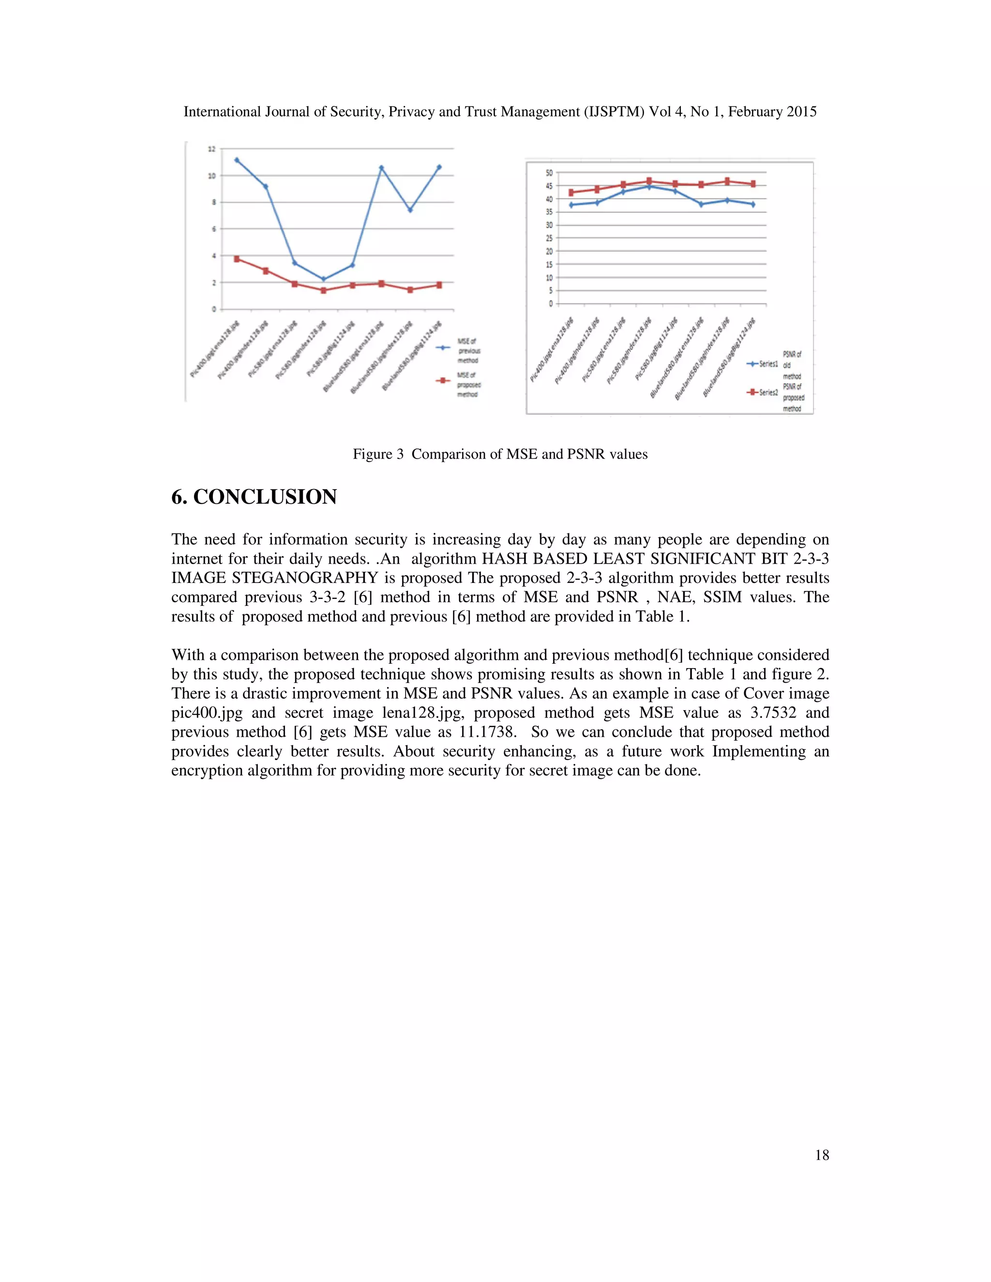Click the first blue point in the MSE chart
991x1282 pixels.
coord(237,160)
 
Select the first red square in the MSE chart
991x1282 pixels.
coord(237,259)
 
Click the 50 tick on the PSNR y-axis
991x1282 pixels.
coord(549,173)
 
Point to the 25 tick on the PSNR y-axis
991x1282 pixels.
coord(549,239)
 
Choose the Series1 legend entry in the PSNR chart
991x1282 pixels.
coord(763,364)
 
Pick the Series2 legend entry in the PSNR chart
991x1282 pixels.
coord(763,392)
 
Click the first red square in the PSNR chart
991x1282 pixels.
coord(571,193)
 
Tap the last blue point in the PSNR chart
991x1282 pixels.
coord(752,204)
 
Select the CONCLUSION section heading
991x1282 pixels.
coord(254,497)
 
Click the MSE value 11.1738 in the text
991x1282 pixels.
coord(487,732)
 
